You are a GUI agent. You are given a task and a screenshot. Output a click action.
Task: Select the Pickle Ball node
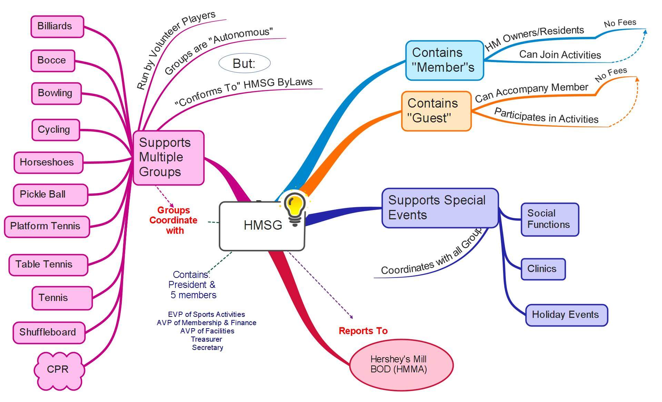coord(50,194)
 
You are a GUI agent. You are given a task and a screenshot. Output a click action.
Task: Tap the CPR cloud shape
coord(58,370)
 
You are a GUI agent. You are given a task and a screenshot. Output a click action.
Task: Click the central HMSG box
coord(262,226)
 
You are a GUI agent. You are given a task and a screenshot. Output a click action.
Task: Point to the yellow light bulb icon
coord(295,207)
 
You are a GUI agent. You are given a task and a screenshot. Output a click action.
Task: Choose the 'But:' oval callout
coord(244,63)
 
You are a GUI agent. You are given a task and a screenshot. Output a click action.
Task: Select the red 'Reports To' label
coord(363,331)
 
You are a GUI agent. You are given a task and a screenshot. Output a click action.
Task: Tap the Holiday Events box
coord(566,315)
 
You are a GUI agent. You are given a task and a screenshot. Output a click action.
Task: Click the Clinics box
coord(542,269)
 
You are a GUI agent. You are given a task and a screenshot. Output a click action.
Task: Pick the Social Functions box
coord(549,219)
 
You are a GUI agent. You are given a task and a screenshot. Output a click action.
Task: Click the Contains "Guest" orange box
coord(436,111)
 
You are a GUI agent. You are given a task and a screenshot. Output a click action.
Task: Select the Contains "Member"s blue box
coord(444,60)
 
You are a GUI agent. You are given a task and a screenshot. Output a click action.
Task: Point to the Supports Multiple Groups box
coord(168,158)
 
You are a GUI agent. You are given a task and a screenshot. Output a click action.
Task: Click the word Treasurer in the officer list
coord(207,339)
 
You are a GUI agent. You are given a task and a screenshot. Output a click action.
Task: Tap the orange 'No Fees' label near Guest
coord(611,75)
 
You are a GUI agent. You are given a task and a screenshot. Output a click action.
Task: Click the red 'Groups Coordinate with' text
coord(173,220)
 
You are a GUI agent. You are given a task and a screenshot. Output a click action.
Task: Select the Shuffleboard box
coord(49,332)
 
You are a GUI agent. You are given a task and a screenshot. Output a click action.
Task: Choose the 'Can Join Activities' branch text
coord(560,55)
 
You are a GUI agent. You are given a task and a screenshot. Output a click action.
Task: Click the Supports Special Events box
coord(440,208)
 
